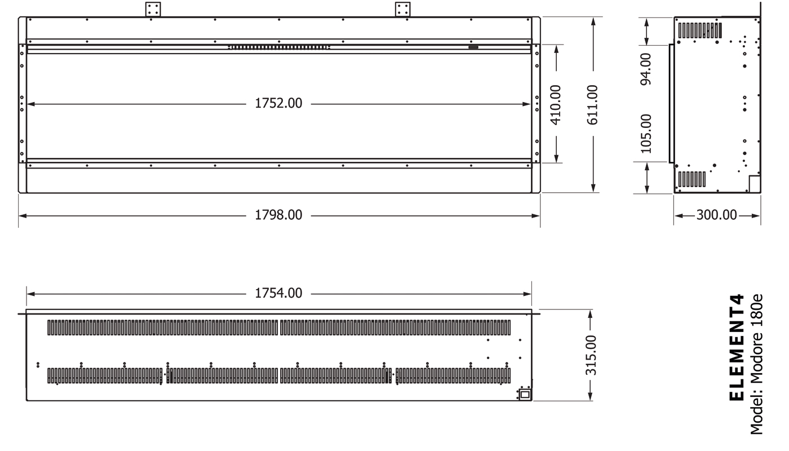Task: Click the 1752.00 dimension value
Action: (278, 103)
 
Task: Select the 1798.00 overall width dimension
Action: (278, 215)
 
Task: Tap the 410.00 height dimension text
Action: (556, 105)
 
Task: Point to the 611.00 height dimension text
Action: (593, 105)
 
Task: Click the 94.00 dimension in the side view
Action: (646, 69)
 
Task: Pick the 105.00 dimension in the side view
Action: (646, 134)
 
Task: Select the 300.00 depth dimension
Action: (716, 215)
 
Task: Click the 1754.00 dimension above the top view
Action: (278, 293)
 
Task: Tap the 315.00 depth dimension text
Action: (591, 355)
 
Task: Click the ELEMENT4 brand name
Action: (737, 347)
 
